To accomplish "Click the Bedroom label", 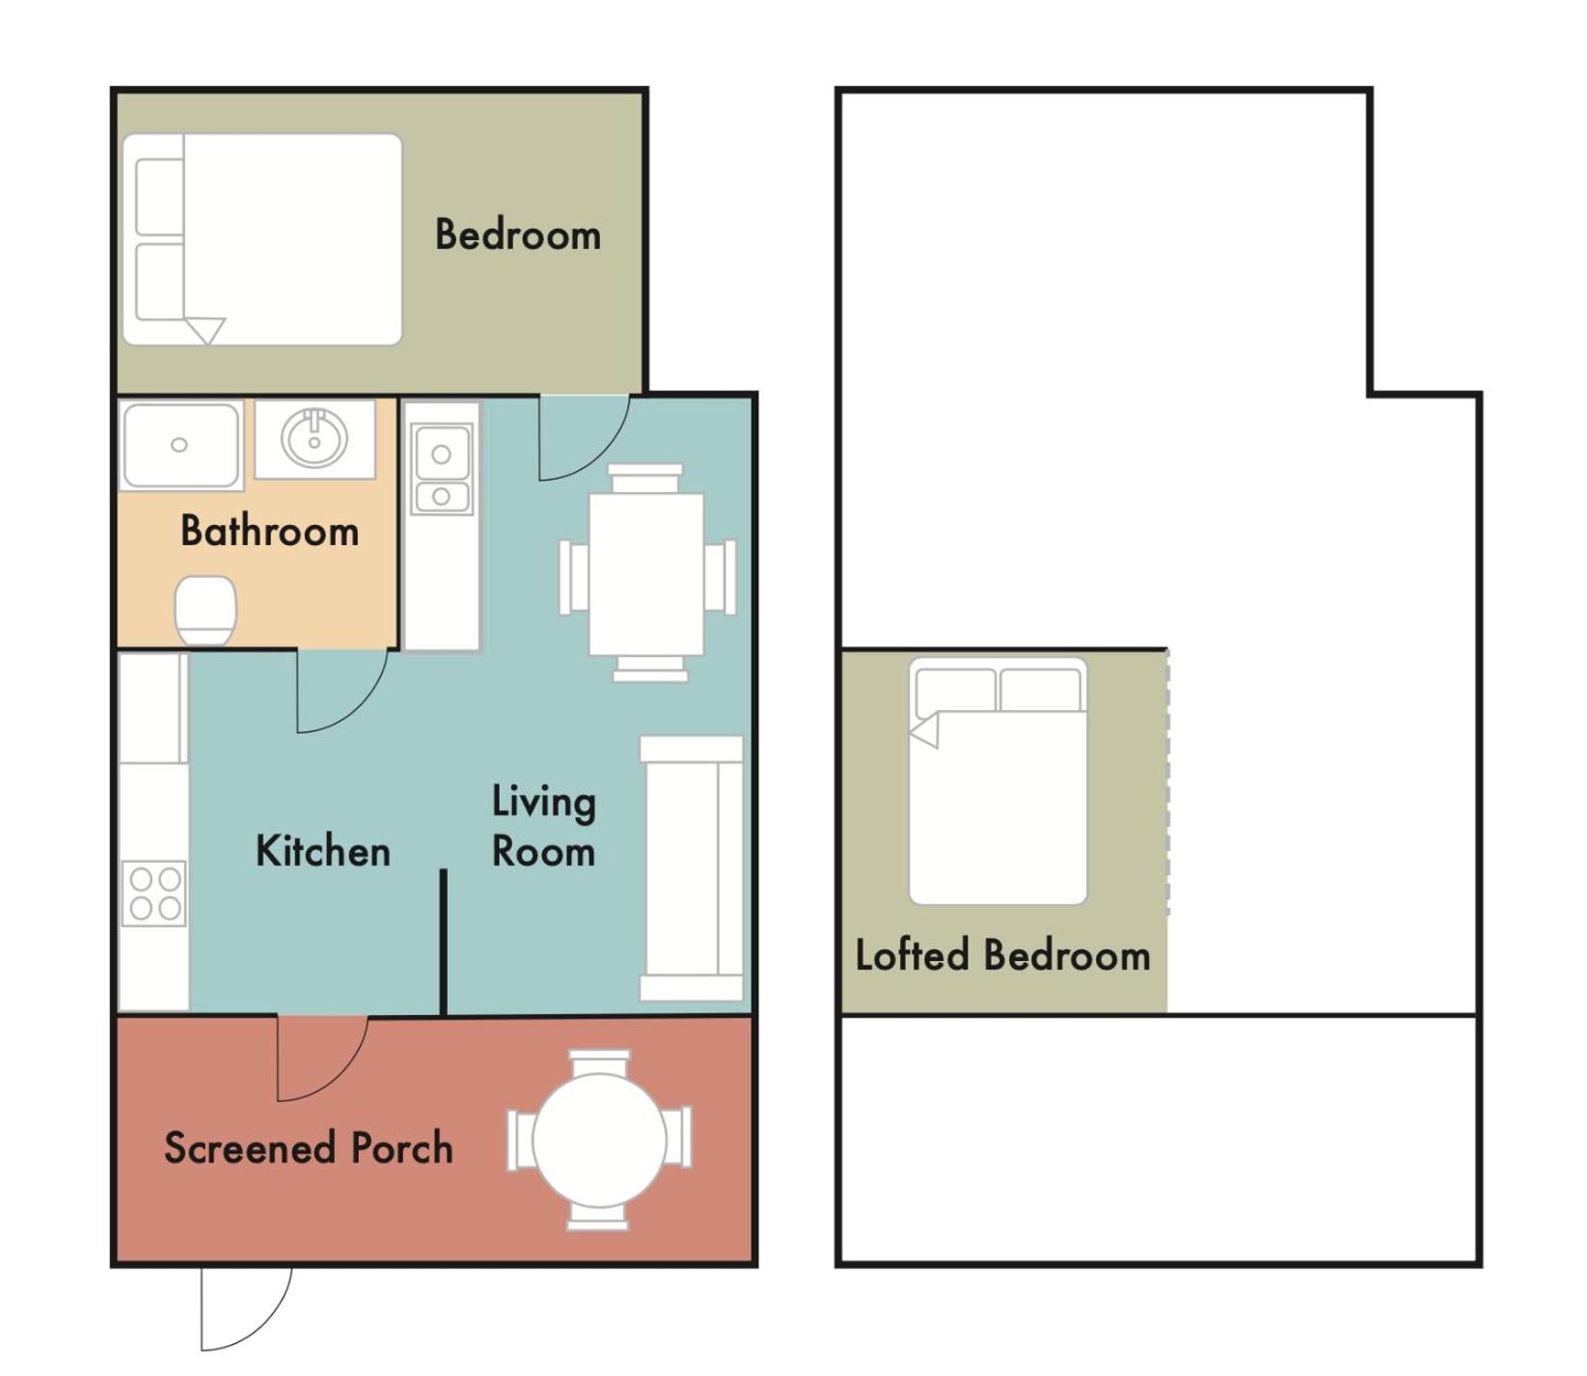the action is pos(518,234).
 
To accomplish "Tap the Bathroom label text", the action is pos(269,531).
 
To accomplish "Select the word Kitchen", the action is pos(323,851).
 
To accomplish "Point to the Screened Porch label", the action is pos(309,1147).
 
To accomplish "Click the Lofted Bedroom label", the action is pos(1003,955).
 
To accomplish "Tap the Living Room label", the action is pos(544,827).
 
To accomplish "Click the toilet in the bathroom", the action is pos(205,611).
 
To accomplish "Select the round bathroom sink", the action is pos(315,438).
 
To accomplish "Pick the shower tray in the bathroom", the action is pos(180,446).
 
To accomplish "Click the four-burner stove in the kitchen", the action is pos(154,894).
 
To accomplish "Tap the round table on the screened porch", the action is pos(599,1140).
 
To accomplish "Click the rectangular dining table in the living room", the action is pos(646,574).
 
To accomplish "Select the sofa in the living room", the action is pos(692,868).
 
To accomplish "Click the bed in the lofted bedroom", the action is pos(999,782).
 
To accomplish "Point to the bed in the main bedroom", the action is pos(262,239).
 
